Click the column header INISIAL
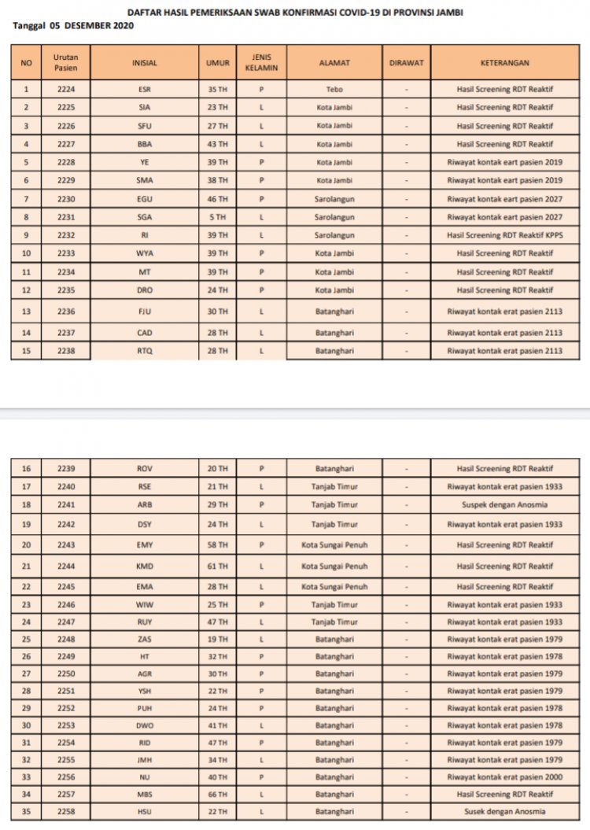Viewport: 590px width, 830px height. point(145,63)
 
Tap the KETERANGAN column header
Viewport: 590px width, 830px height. point(504,63)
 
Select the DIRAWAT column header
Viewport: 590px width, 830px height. point(406,63)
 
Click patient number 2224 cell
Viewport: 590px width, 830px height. point(66,90)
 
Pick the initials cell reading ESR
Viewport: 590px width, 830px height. point(145,90)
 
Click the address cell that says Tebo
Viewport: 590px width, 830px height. point(334,90)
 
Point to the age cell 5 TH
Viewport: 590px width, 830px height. point(217,217)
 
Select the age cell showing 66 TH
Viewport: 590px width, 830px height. point(217,795)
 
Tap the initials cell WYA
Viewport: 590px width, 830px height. point(145,253)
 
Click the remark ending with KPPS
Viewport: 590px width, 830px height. point(504,235)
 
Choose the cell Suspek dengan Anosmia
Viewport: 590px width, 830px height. point(504,505)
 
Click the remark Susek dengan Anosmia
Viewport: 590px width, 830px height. point(504,812)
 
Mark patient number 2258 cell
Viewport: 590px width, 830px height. point(66,812)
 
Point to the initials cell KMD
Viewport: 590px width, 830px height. point(145,566)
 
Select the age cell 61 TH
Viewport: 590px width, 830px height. point(217,566)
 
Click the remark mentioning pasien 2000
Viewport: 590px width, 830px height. point(504,777)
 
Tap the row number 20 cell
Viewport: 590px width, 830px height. point(27,545)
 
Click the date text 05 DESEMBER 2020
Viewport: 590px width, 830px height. point(91,25)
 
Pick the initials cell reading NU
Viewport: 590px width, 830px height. point(145,777)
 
